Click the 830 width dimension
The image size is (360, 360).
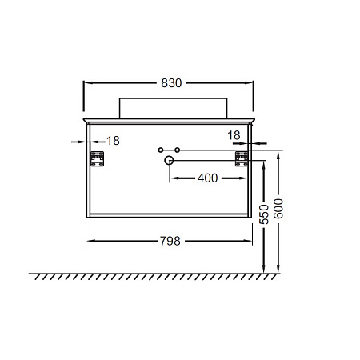pos(171,83)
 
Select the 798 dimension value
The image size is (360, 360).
pos(170,241)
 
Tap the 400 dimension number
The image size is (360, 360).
pos(207,178)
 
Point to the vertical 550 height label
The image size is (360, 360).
pos(264,214)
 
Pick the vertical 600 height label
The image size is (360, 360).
pos(278,209)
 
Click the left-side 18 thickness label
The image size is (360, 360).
pos(113,141)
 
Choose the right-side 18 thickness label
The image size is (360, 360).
pos(234,135)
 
